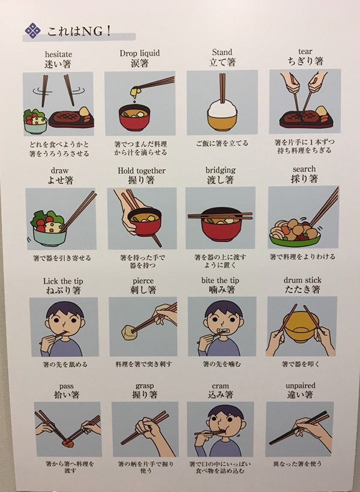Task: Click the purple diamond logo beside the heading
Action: coord(33,31)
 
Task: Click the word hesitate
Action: coord(58,54)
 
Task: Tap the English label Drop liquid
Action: coord(140,53)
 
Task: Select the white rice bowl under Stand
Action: coord(222,115)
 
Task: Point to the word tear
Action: coord(305,51)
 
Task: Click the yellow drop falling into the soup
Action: coord(134,101)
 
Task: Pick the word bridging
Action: coord(221,170)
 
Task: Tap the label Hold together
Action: coord(142,170)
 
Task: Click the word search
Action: coord(304,169)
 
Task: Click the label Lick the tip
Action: coord(63,281)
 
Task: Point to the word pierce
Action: coord(143,281)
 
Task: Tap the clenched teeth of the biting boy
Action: coord(223,331)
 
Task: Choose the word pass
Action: coord(67,386)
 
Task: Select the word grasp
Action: coord(145,386)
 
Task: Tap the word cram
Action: coord(220,386)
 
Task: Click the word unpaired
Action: coord(301,386)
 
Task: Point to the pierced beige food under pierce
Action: coord(128,332)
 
